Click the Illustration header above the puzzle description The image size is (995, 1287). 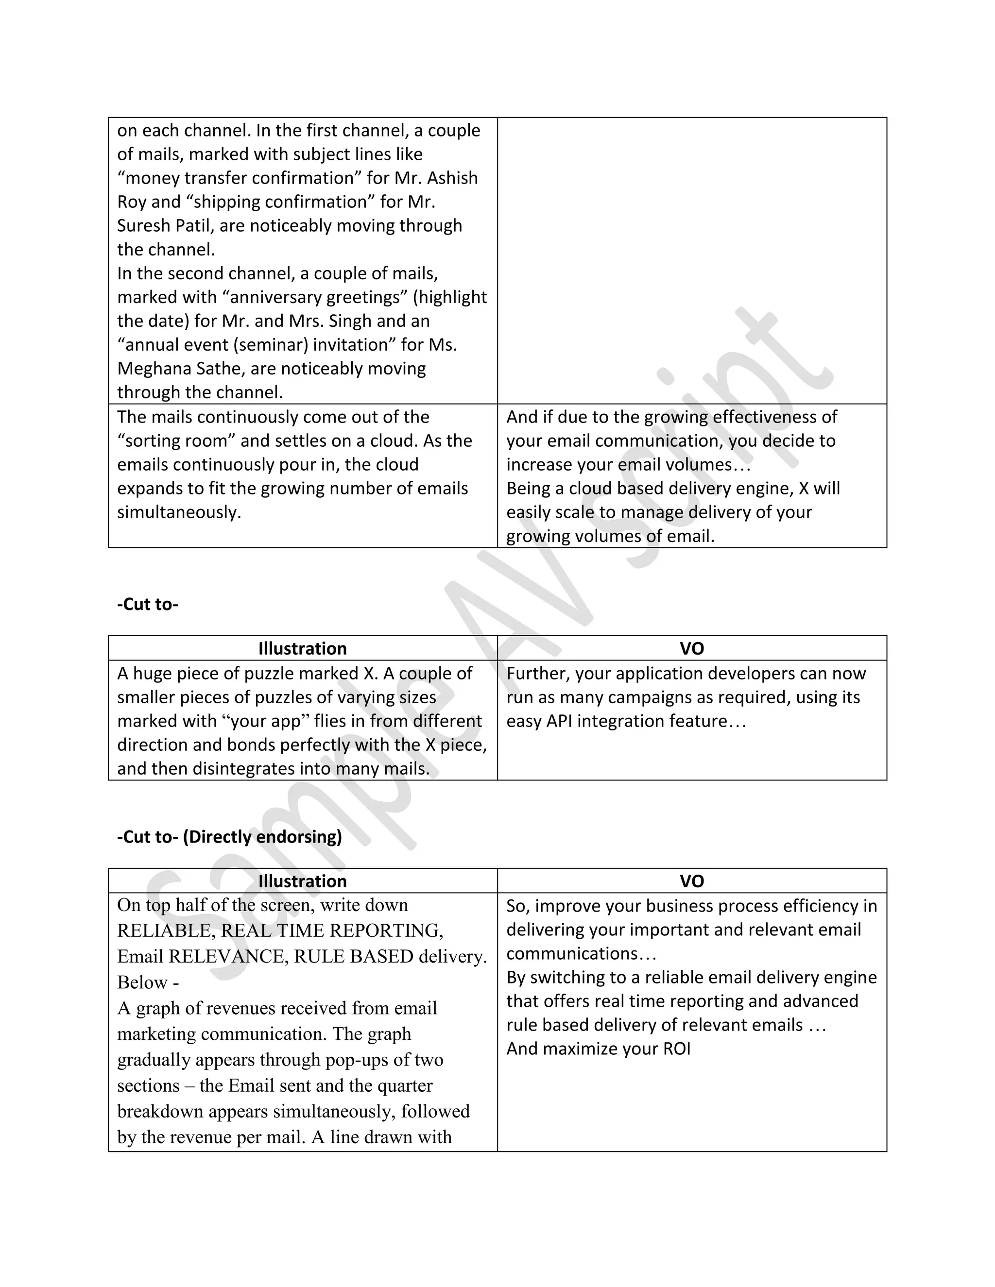(302, 648)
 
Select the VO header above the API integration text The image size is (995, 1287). (691, 648)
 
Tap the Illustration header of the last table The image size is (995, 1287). (302, 881)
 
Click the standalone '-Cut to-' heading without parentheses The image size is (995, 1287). (147, 604)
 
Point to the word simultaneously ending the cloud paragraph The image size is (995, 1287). (179, 512)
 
